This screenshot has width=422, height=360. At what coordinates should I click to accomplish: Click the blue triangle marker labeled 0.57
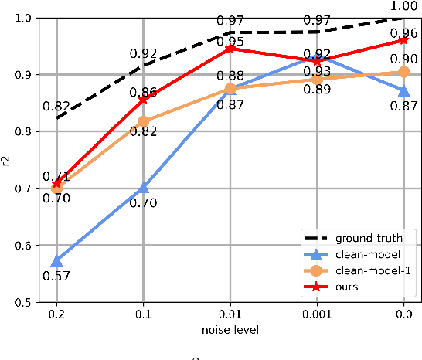(x=56, y=261)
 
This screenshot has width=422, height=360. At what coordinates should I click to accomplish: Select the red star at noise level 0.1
(x=143, y=100)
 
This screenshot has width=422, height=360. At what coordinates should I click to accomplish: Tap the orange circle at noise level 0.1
(x=143, y=121)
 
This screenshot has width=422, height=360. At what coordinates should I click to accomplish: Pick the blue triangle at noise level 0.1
(x=143, y=188)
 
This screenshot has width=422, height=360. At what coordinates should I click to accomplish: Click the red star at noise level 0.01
(x=230, y=49)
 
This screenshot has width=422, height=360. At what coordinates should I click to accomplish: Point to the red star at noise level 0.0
(x=403, y=40)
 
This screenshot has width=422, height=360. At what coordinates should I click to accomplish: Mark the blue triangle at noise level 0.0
(x=403, y=90)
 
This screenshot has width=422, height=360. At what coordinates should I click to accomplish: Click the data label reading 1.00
(x=403, y=8)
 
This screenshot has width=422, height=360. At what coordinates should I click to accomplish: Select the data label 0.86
(x=143, y=92)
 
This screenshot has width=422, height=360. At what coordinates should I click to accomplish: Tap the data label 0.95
(x=230, y=41)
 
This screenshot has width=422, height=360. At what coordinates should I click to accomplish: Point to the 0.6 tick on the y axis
(x=35, y=246)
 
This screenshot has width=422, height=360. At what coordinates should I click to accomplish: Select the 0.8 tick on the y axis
(x=35, y=132)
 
